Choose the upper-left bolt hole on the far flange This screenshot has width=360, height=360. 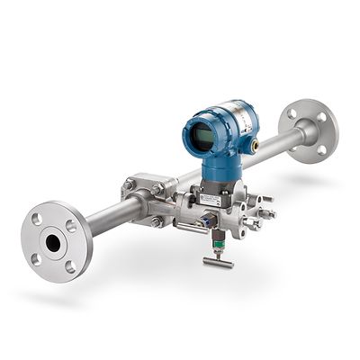click(292, 115)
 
